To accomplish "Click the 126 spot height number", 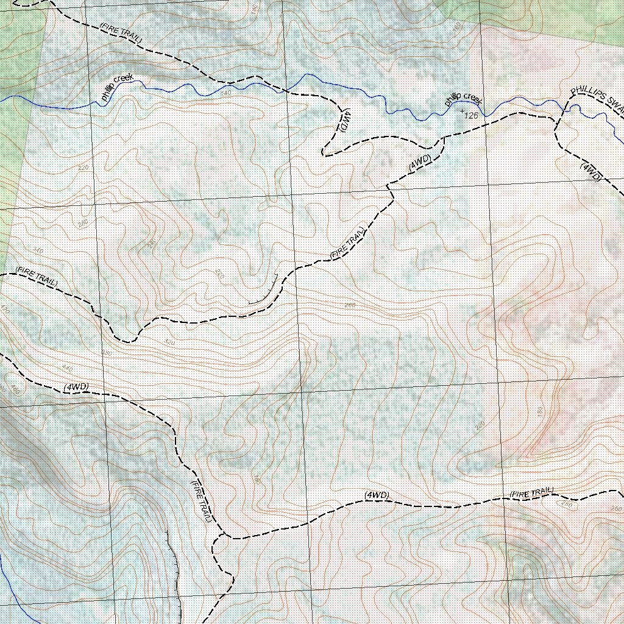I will click(471, 115).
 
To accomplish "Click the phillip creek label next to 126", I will click(463, 99).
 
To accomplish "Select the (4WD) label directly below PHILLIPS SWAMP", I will click(591, 172).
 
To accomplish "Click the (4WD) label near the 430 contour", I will click(76, 387).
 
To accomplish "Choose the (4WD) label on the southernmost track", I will click(377, 495).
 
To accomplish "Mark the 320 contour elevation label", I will click(170, 342).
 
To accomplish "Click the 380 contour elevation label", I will click(107, 353).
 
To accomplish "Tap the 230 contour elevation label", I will click(480, 424).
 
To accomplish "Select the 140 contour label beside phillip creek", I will click(225, 93).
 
